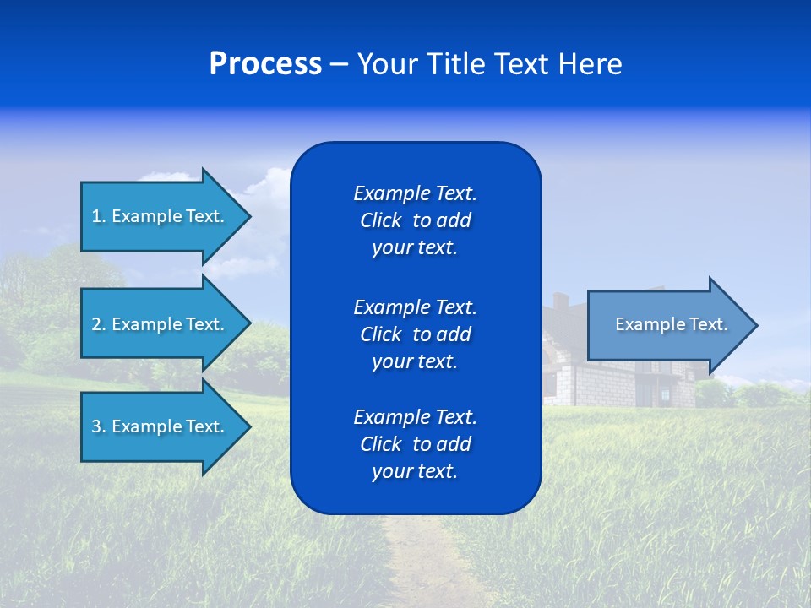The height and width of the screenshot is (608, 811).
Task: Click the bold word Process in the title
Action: pyautogui.click(x=265, y=64)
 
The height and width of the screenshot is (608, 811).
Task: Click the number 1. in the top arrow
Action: pyautogui.click(x=99, y=216)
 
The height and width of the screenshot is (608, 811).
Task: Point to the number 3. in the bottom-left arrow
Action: pyautogui.click(x=99, y=426)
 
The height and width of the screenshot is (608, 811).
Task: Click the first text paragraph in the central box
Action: pyautogui.click(x=415, y=220)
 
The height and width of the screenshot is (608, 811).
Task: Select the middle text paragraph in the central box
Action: pyautogui.click(x=415, y=334)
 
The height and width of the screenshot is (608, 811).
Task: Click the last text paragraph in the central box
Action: pyautogui.click(x=415, y=444)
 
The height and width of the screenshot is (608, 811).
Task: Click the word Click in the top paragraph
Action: pyautogui.click(x=380, y=220)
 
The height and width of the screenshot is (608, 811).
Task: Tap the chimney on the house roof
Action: pyautogui.click(x=560, y=301)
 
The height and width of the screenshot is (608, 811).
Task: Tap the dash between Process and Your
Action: pyautogui.click(x=339, y=64)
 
